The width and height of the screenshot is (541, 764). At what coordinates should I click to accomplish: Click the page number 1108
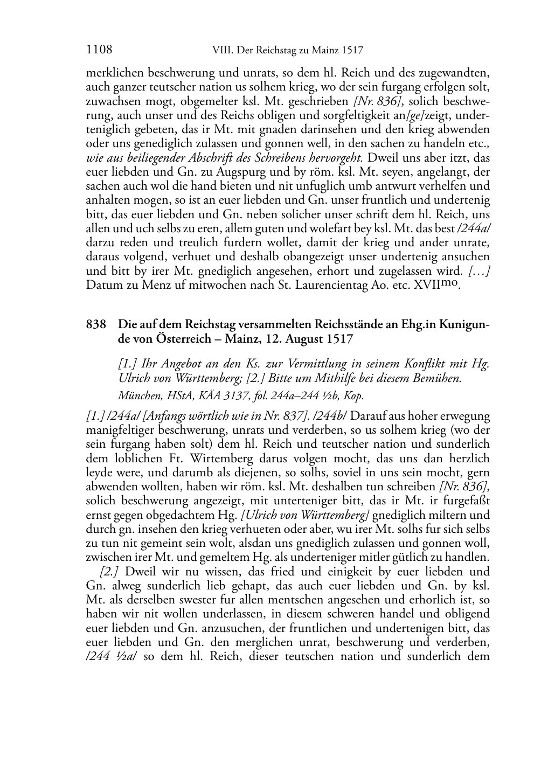(99, 51)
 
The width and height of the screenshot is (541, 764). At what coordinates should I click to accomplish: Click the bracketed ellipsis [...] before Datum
(479, 270)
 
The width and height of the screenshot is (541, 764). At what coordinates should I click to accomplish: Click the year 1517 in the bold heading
(339, 339)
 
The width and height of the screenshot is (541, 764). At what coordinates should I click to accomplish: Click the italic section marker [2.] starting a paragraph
(110, 571)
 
